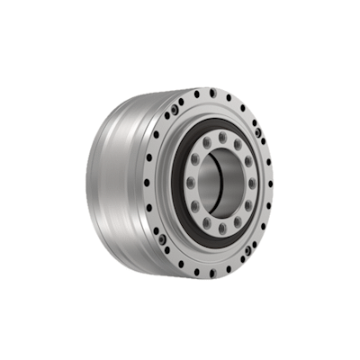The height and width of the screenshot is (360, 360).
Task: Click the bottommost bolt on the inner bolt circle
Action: tap(221, 231)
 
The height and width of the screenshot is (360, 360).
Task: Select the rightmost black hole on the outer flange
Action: tap(271, 184)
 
